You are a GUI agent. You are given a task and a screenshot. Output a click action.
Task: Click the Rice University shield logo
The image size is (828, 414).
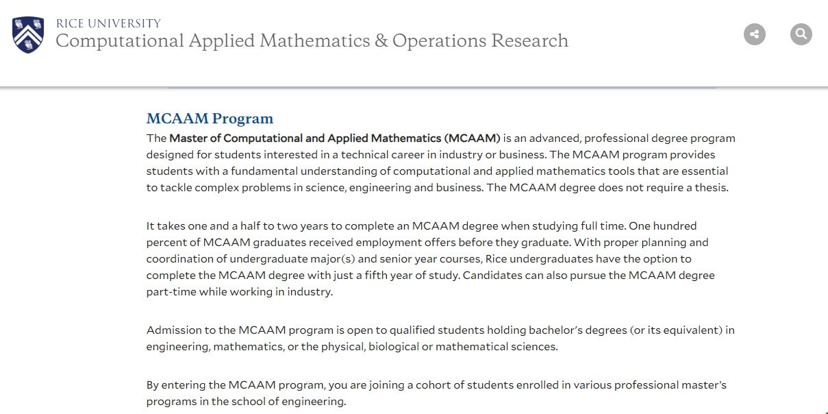pyautogui.click(x=28, y=34)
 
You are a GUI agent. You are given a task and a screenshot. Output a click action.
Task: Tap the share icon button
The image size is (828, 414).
pyautogui.click(x=755, y=34)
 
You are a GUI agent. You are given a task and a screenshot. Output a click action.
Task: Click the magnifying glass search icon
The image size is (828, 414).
pyautogui.click(x=801, y=34)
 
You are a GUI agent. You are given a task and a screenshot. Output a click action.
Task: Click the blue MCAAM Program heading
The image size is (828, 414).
pyautogui.click(x=210, y=119)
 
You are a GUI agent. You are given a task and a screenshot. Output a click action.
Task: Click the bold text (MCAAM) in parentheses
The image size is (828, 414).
pyautogui.click(x=472, y=138)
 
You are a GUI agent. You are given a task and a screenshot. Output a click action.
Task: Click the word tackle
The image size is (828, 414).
pyautogui.click(x=176, y=188)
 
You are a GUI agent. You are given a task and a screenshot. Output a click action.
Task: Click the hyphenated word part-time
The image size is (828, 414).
pyautogui.click(x=171, y=292)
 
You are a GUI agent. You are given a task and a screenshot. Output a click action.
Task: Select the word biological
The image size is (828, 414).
pyautogui.click(x=393, y=347)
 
